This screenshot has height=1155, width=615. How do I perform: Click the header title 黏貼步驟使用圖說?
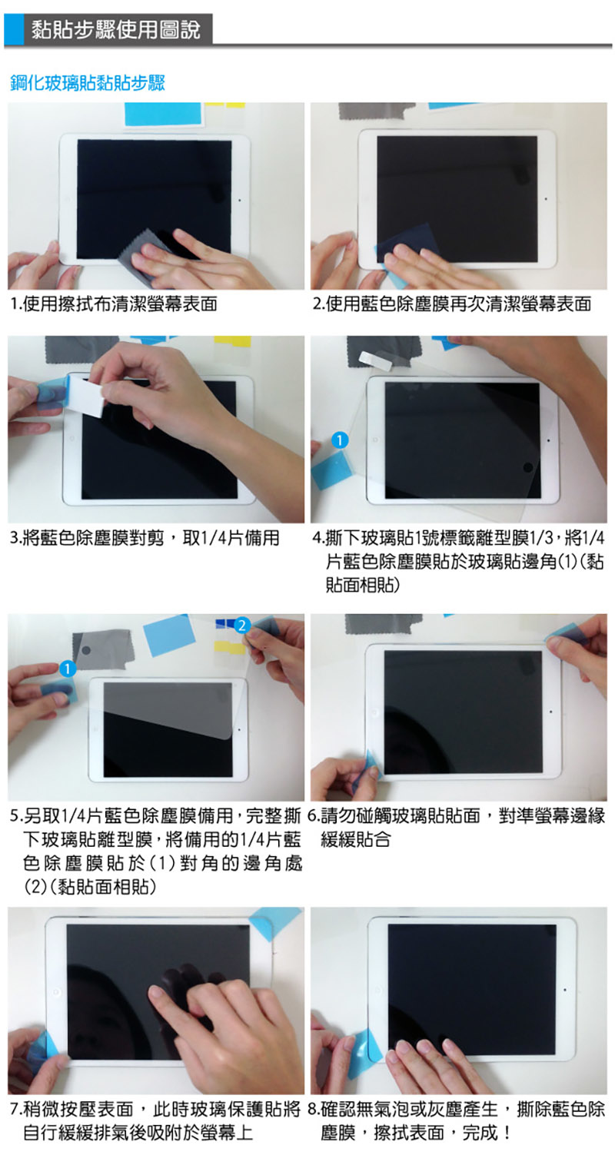115,31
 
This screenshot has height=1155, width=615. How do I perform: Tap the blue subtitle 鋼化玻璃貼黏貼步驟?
88,82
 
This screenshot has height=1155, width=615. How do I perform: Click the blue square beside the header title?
14,31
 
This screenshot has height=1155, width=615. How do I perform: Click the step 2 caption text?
452,304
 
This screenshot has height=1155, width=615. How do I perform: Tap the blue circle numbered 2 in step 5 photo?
241,625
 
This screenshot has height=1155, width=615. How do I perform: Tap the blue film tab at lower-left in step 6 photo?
367,765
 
